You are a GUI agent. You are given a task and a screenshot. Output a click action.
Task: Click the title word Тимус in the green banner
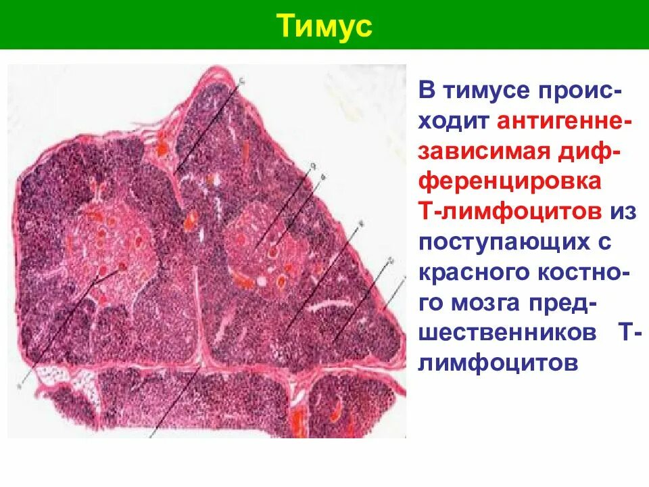coord(324,26)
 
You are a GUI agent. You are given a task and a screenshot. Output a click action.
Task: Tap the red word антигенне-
coord(565,120)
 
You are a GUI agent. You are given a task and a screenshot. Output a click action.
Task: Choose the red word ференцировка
coord(508,181)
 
